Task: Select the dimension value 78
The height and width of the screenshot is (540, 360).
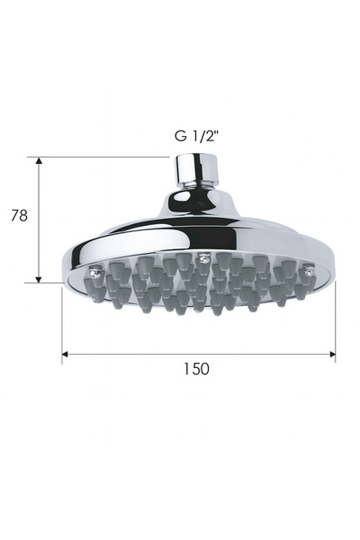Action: (x=17, y=216)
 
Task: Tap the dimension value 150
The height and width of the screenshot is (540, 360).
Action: (x=196, y=369)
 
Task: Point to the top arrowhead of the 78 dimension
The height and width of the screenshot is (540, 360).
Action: (x=39, y=161)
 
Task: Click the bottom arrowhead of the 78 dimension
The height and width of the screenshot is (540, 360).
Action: (x=39, y=278)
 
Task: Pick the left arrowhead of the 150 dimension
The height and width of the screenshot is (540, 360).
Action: (x=66, y=355)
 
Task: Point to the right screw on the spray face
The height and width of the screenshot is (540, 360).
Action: (x=309, y=268)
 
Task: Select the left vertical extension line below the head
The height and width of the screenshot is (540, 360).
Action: (x=62, y=324)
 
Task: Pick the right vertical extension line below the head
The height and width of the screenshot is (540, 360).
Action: (x=335, y=324)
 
